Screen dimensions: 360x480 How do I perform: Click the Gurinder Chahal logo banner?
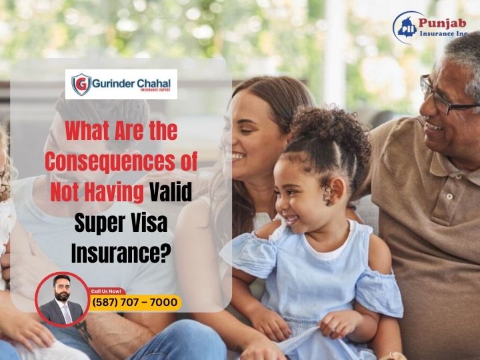tap(125, 85)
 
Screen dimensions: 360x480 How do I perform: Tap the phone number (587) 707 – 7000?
tap(135, 303)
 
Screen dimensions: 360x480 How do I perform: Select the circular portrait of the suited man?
tap(61, 299)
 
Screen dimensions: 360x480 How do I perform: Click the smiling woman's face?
tap(247, 127)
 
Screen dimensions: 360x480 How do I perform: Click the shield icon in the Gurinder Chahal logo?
tap(82, 85)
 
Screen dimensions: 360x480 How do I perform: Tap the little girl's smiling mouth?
tap(292, 218)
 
